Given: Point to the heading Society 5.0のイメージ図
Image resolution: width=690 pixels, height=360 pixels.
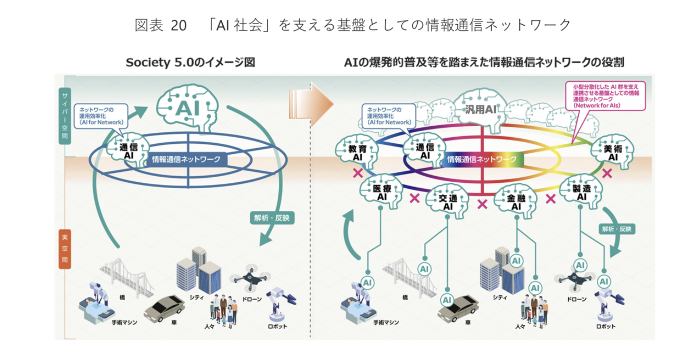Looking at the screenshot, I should click(190, 62).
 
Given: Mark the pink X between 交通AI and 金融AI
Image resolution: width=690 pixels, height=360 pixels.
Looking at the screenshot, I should click(482, 204).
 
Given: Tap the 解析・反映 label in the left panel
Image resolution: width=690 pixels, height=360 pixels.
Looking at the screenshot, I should click(272, 218).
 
